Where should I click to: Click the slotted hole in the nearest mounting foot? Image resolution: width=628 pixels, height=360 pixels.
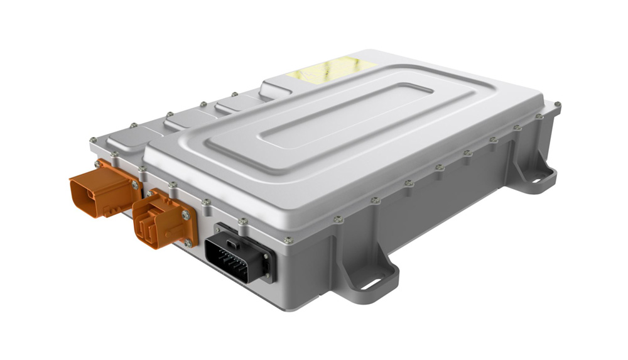[x=372, y=283]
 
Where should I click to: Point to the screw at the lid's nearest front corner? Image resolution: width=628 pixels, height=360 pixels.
[x=288, y=240]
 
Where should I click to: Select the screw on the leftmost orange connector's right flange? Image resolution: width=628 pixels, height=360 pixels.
[x=134, y=185]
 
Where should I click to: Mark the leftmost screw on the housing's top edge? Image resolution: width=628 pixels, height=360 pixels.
[x=93, y=139]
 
